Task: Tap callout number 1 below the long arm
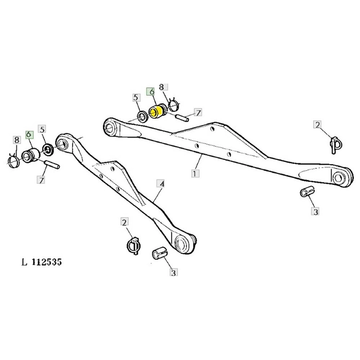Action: coord(195,173)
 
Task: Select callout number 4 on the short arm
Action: coord(161,183)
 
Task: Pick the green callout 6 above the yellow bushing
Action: coord(151,92)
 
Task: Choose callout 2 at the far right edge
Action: coord(318,125)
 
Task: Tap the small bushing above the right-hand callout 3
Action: coord(306,192)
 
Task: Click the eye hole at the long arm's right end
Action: coord(339,178)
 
